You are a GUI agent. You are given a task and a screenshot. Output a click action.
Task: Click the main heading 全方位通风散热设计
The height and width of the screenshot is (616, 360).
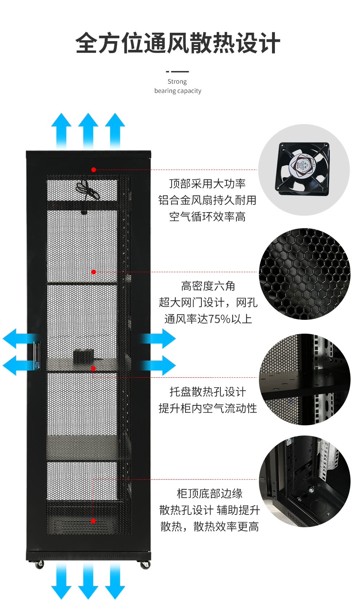click(178, 43)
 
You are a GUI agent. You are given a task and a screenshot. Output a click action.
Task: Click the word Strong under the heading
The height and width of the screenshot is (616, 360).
click(177, 82)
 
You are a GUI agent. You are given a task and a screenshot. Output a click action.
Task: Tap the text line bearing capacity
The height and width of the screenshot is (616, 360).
click(178, 91)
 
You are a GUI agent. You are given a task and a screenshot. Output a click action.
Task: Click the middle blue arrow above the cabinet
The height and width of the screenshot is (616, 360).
click(88, 131)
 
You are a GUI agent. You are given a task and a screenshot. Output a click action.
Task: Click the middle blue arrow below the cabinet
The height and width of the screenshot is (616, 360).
click(88, 581)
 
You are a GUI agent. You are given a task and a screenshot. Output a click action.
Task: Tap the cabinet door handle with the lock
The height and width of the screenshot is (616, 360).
click(37, 355)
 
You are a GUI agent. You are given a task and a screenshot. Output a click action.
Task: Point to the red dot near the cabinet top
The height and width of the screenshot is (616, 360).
click(94, 170)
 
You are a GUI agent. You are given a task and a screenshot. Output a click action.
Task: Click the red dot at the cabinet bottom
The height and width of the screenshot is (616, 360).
click(93, 521)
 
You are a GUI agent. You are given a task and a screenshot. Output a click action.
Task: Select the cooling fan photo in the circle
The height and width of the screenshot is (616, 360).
click(304, 170)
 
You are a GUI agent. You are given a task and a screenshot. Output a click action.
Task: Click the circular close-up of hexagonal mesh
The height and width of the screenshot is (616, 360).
click(304, 274)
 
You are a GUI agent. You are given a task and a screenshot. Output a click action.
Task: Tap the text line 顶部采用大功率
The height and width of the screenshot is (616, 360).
click(207, 184)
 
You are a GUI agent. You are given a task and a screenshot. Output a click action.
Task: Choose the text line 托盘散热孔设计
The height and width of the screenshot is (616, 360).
click(208, 392)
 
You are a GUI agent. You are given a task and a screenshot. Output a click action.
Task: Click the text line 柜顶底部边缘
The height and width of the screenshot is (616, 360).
click(210, 494)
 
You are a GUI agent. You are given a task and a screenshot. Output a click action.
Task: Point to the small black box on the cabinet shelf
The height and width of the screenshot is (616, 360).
click(84, 356)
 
